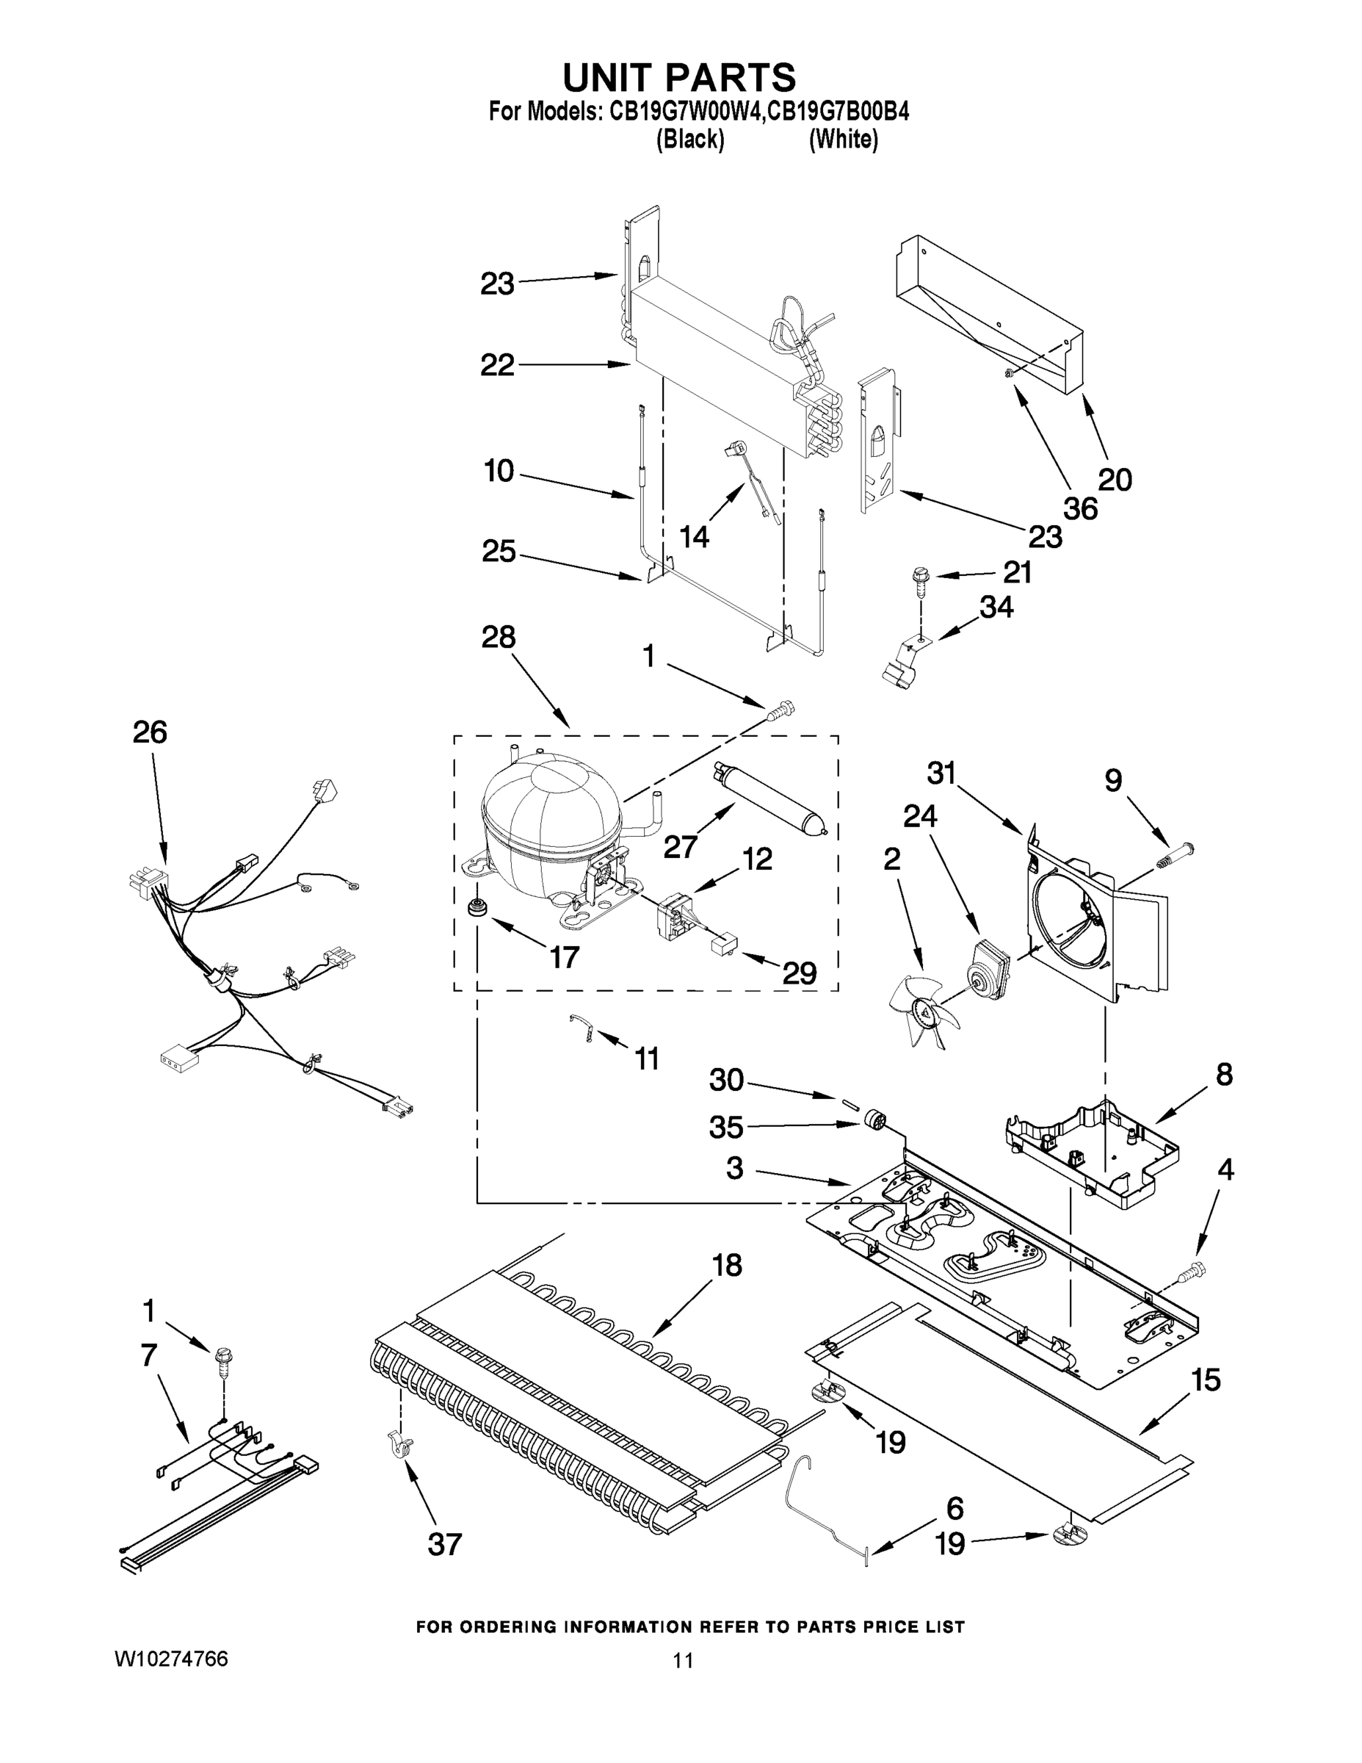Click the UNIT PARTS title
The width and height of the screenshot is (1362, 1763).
pyautogui.click(x=678, y=79)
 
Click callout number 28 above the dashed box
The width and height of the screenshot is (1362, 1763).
pyautogui.click(x=498, y=638)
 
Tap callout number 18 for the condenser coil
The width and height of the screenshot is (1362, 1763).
pyautogui.click(x=726, y=1266)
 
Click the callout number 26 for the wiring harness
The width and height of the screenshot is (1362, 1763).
pyautogui.click(x=149, y=732)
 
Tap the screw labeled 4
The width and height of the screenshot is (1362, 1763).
pyautogui.click(x=1192, y=1275)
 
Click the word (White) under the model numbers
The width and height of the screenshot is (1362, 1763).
pyautogui.click(x=842, y=140)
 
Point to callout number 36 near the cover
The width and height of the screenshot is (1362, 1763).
pyautogui.click(x=1079, y=508)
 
